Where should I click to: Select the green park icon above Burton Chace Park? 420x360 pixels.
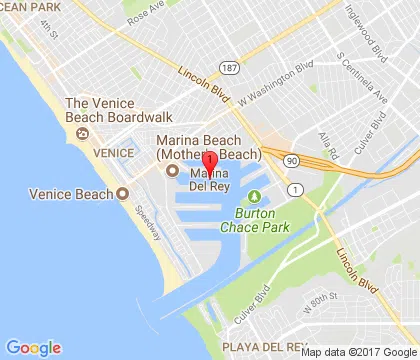point(254,196)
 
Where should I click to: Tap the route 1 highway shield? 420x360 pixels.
point(295,188)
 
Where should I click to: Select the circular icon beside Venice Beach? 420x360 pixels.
point(123,193)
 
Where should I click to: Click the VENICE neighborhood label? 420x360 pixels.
point(112,153)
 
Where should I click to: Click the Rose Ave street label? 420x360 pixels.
point(145,14)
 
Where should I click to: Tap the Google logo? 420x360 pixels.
point(33,347)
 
